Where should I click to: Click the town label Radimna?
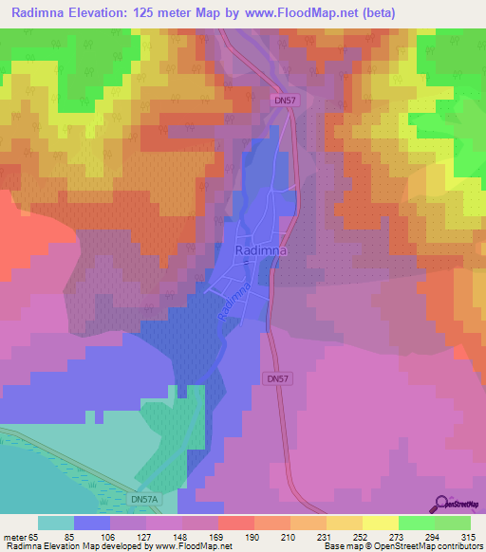click(x=260, y=249)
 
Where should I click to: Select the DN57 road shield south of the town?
click(x=272, y=377)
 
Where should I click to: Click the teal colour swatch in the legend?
click(x=56, y=523)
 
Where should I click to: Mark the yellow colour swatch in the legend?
click(x=380, y=523)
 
